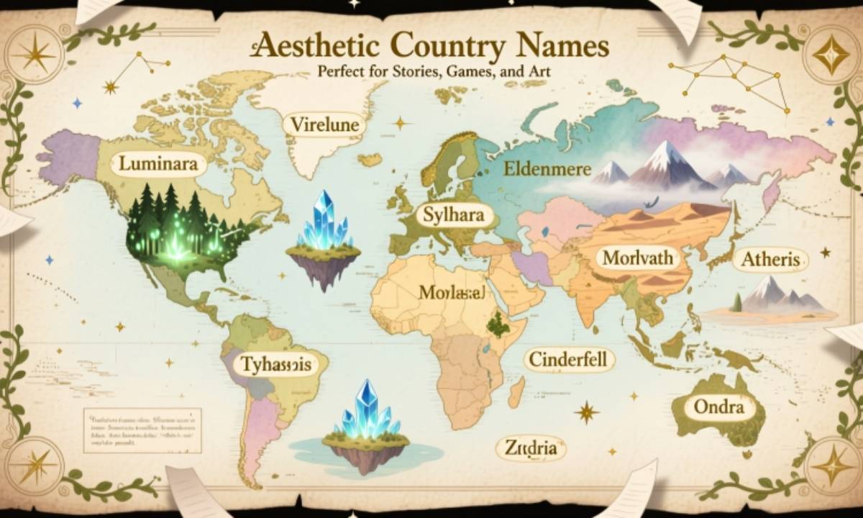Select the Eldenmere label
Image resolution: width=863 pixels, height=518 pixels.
[547, 170]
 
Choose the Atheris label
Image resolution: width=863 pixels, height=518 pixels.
[771, 259]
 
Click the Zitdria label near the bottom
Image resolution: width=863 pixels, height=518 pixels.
[531, 448]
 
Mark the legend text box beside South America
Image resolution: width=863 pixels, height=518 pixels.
[142, 430]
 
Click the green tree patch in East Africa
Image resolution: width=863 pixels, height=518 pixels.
[495, 325]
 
